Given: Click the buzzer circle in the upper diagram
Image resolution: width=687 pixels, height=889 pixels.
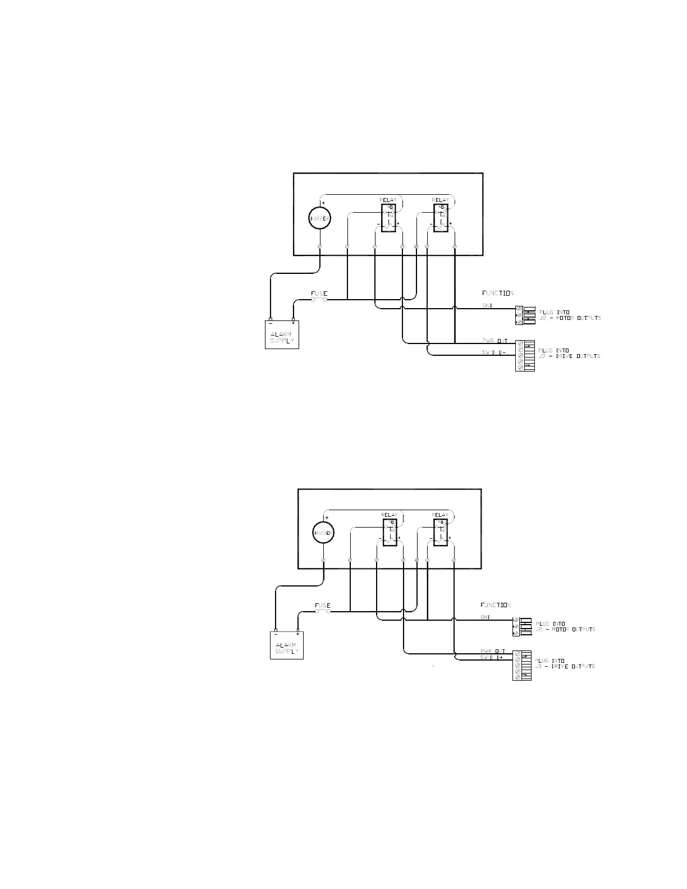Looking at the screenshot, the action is coord(320,218).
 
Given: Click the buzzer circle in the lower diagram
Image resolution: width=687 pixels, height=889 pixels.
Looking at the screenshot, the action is coord(323,533).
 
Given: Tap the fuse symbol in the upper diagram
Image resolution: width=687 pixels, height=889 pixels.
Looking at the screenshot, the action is coord(319,299).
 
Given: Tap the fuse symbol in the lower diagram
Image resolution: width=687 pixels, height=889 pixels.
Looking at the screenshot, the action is coord(322,611).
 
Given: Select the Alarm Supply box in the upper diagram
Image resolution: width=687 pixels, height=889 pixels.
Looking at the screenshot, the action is coord(282,335).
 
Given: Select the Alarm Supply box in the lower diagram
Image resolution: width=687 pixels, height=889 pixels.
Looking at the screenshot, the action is coord(286,646).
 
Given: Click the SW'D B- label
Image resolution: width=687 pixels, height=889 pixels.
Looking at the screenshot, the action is coord(494,352).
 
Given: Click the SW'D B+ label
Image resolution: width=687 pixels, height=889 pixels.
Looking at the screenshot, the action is coord(491,657).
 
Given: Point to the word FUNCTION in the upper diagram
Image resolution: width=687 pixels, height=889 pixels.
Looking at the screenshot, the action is coord(498,293).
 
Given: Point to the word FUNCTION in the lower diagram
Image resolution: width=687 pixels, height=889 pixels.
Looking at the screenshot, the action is coord(496,605).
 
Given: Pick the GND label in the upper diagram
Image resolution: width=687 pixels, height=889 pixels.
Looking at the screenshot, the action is coord(487,306).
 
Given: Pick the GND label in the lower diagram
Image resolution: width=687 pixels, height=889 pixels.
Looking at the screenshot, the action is coord(486,617).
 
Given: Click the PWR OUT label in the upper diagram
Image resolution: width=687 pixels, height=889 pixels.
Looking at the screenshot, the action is coord(494,341).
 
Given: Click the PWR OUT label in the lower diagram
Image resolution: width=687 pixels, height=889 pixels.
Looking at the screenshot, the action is coord(492,652).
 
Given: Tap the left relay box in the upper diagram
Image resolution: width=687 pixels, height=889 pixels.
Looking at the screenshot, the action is coord(388,218).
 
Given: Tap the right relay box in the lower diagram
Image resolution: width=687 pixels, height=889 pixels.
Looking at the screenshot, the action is coord(441,532).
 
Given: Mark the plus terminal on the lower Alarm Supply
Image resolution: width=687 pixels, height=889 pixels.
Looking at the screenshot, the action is coord(297,630).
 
